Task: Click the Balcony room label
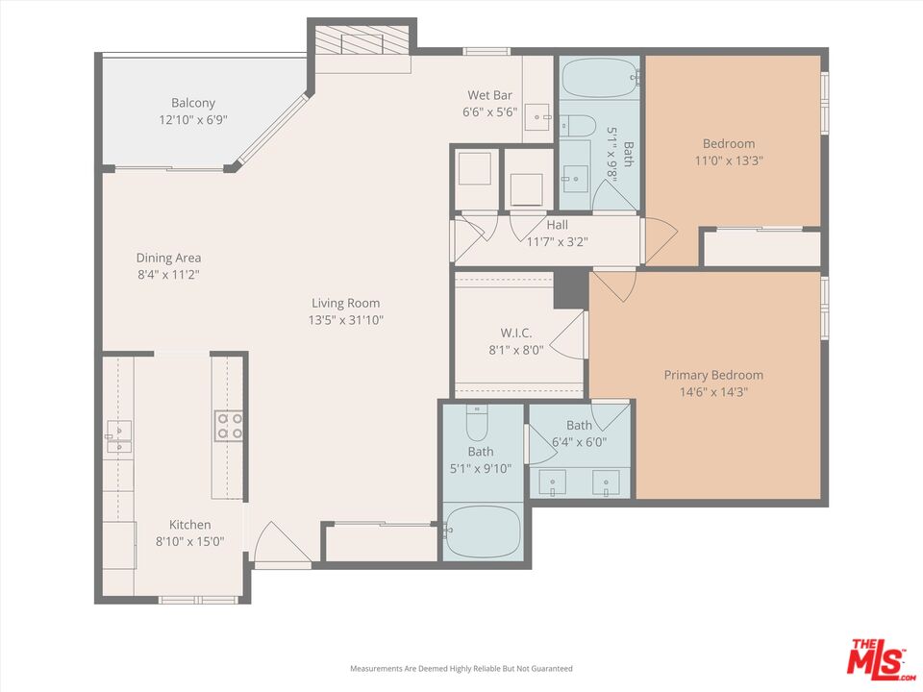pyautogui.click(x=193, y=103)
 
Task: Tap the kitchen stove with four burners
pyautogui.click(x=228, y=425)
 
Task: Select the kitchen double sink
pyautogui.click(x=118, y=436)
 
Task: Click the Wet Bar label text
pyautogui.click(x=490, y=95)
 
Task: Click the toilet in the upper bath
pyautogui.click(x=579, y=125)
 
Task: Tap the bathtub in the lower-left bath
pyautogui.click(x=484, y=531)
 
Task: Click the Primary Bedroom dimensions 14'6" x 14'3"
pyautogui.click(x=713, y=392)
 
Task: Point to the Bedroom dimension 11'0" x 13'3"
pyautogui.click(x=729, y=161)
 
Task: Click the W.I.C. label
pyautogui.click(x=516, y=334)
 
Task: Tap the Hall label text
pyautogui.click(x=557, y=225)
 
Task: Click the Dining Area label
pyautogui.click(x=168, y=258)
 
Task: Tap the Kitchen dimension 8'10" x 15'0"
pyautogui.click(x=190, y=541)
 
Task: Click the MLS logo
pyautogui.click(x=877, y=659)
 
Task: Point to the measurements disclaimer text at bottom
pyautogui.click(x=461, y=668)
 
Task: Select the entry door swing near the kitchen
pyautogui.click(x=281, y=544)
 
